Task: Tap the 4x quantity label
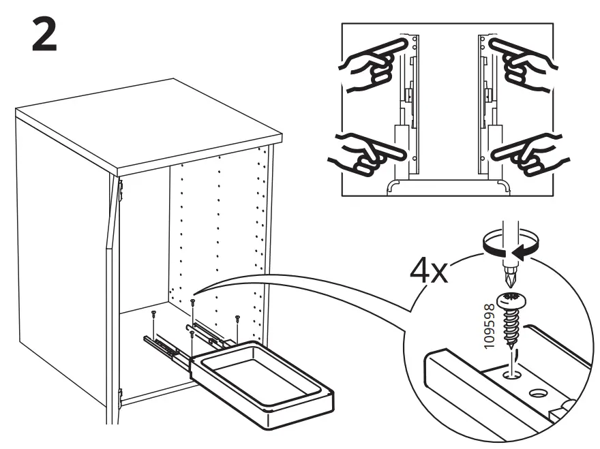[428, 273]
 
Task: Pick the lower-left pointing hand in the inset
[363, 151]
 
